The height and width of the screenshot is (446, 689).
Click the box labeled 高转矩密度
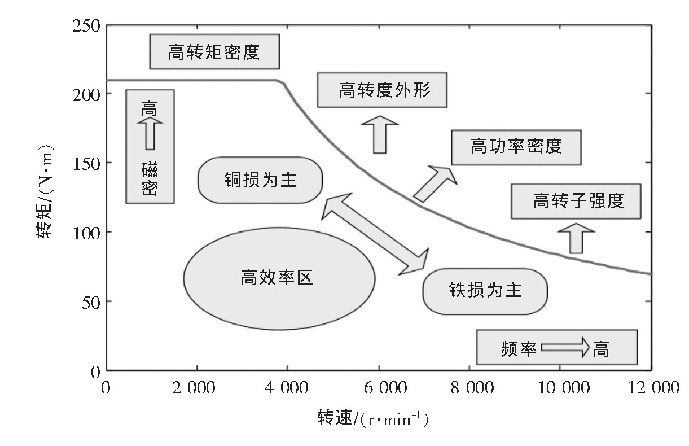(x=214, y=52)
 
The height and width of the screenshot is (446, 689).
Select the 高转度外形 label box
(x=382, y=90)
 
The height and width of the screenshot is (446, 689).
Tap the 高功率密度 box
(x=516, y=147)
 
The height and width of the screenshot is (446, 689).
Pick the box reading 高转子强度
(x=576, y=201)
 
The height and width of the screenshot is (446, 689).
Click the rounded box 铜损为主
(x=260, y=180)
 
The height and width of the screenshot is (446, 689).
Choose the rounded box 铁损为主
(x=485, y=290)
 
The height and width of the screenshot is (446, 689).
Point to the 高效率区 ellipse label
(x=279, y=278)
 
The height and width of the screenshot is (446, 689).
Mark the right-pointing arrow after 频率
(x=564, y=347)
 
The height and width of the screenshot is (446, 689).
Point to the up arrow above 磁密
(x=150, y=133)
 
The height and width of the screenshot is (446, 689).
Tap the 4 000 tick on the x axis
(x=287, y=388)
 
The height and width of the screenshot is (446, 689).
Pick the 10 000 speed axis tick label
(x=560, y=388)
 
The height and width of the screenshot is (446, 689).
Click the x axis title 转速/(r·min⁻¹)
(x=373, y=418)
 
